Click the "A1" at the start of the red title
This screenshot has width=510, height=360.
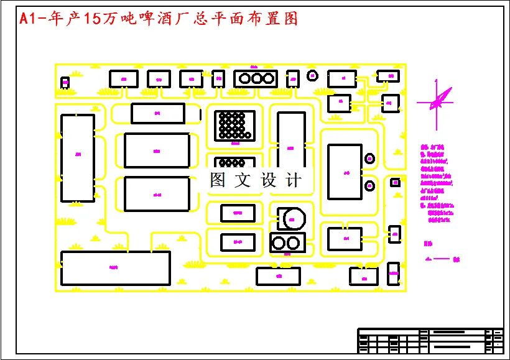tap(28, 19)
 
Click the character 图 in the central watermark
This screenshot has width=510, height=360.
tap(217, 180)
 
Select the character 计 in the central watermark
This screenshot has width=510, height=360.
tap(294, 180)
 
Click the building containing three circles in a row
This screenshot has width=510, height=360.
tap(255, 78)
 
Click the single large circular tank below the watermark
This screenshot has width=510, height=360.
tap(293, 218)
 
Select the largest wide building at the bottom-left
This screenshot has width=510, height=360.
tap(116, 267)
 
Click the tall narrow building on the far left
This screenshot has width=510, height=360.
tap(78, 157)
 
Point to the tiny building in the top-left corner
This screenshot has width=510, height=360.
tap(65, 81)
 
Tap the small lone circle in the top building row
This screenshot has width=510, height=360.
tap(313, 75)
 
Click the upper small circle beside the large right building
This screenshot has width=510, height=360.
tap(370, 158)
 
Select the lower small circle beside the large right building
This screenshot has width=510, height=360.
tap(370, 185)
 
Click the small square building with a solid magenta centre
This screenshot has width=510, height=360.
tap(394, 182)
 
